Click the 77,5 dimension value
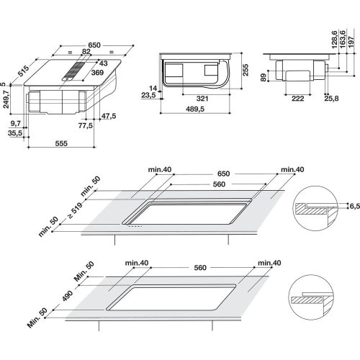(x=86, y=125)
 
